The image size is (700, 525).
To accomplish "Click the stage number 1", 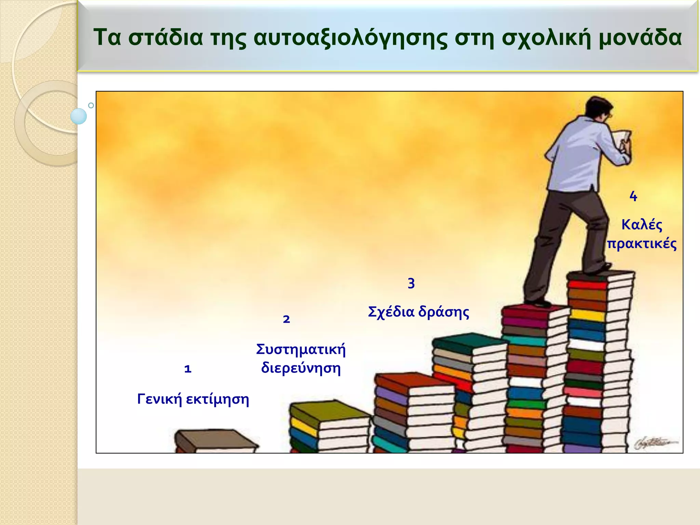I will tap(188, 369).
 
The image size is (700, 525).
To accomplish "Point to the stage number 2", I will tap(286, 319).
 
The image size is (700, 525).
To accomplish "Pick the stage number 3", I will tap(411, 283).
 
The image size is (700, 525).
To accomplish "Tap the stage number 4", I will tap(633, 197).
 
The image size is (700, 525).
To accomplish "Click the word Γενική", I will tap(159, 399).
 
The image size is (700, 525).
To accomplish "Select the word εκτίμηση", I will tap(217, 399).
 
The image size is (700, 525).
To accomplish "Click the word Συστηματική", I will tap(301, 349).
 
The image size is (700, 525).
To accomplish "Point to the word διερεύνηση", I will tap(301, 368).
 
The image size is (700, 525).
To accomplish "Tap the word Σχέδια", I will tap(391, 312).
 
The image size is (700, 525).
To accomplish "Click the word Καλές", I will tap(642, 225).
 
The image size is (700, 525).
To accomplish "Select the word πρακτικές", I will tap(642, 244).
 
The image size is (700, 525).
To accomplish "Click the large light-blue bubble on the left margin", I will tap(79, 116).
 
